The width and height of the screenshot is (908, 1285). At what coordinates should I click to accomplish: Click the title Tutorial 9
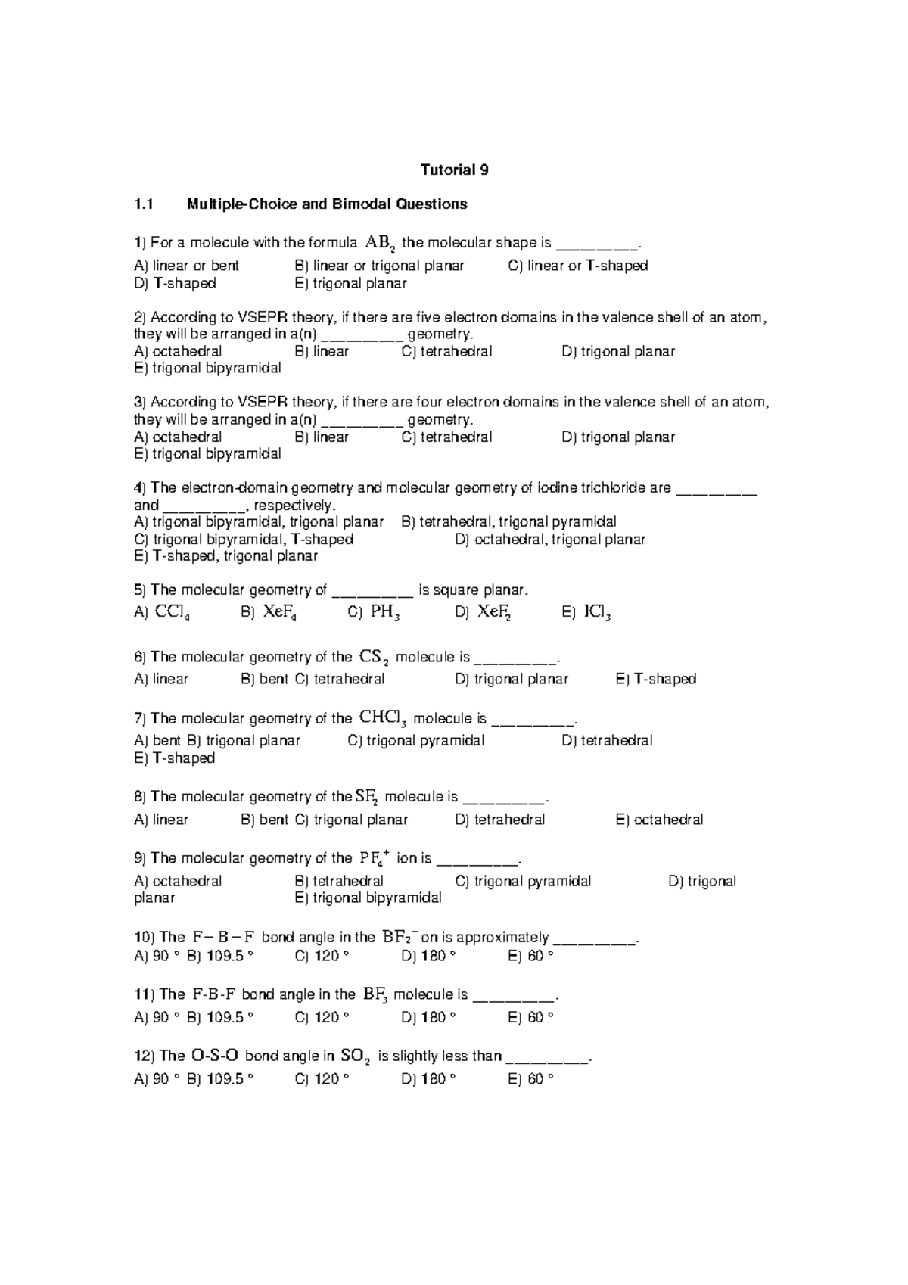click(454, 170)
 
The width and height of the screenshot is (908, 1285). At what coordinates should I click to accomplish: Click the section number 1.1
click(144, 204)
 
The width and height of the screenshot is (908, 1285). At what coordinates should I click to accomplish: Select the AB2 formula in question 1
click(380, 243)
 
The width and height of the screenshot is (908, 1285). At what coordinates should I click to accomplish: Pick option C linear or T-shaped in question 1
click(578, 266)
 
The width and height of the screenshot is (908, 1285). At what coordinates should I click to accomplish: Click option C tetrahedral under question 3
click(447, 437)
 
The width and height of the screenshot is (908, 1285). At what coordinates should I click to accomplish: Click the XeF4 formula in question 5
click(279, 612)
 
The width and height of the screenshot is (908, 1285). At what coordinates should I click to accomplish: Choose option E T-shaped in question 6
click(656, 679)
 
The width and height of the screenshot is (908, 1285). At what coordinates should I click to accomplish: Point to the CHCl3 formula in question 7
click(384, 717)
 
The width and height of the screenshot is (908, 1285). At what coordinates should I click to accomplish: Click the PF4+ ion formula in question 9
click(375, 857)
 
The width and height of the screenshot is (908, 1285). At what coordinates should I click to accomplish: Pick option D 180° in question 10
click(428, 956)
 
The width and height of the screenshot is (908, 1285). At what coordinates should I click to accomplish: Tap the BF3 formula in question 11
click(376, 994)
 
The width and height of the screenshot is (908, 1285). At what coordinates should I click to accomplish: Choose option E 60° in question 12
click(531, 1078)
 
